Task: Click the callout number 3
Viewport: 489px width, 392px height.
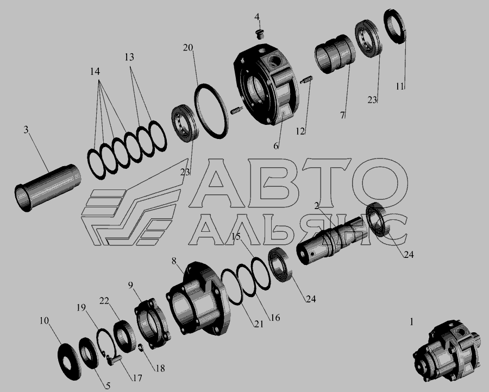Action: point(26,130)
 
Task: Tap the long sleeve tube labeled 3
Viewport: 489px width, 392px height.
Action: point(48,188)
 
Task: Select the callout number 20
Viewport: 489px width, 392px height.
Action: point(188,48)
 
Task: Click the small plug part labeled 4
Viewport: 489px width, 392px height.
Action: point(259,34)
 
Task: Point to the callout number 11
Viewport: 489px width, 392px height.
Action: point(400,86)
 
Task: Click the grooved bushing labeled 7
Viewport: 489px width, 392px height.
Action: point(335,54)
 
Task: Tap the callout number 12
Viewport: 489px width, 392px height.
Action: point(300,131)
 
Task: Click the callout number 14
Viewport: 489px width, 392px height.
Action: point(95,72)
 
